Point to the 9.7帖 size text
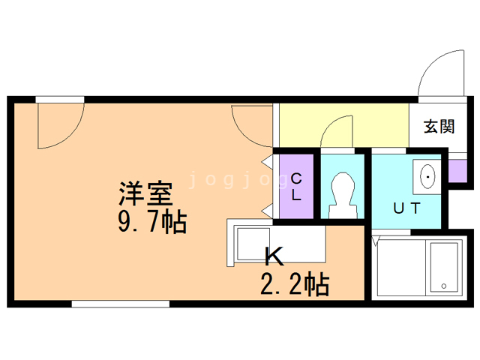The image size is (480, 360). (x=151, y=223)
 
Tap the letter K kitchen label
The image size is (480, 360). (x=274, y=257)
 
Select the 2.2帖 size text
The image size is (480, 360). (x=294, y=285)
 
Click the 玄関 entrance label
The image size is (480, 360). (x=439, y=126)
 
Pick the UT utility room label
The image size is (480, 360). (x=406, y=208)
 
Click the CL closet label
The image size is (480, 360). (x=296, y=187)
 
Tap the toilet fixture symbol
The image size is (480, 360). (x=342, y=191)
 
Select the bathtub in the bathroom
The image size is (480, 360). (x=445, y=268)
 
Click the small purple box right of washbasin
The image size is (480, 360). (x=458, y=172)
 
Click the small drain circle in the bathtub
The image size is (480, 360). (x=443, y=286)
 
